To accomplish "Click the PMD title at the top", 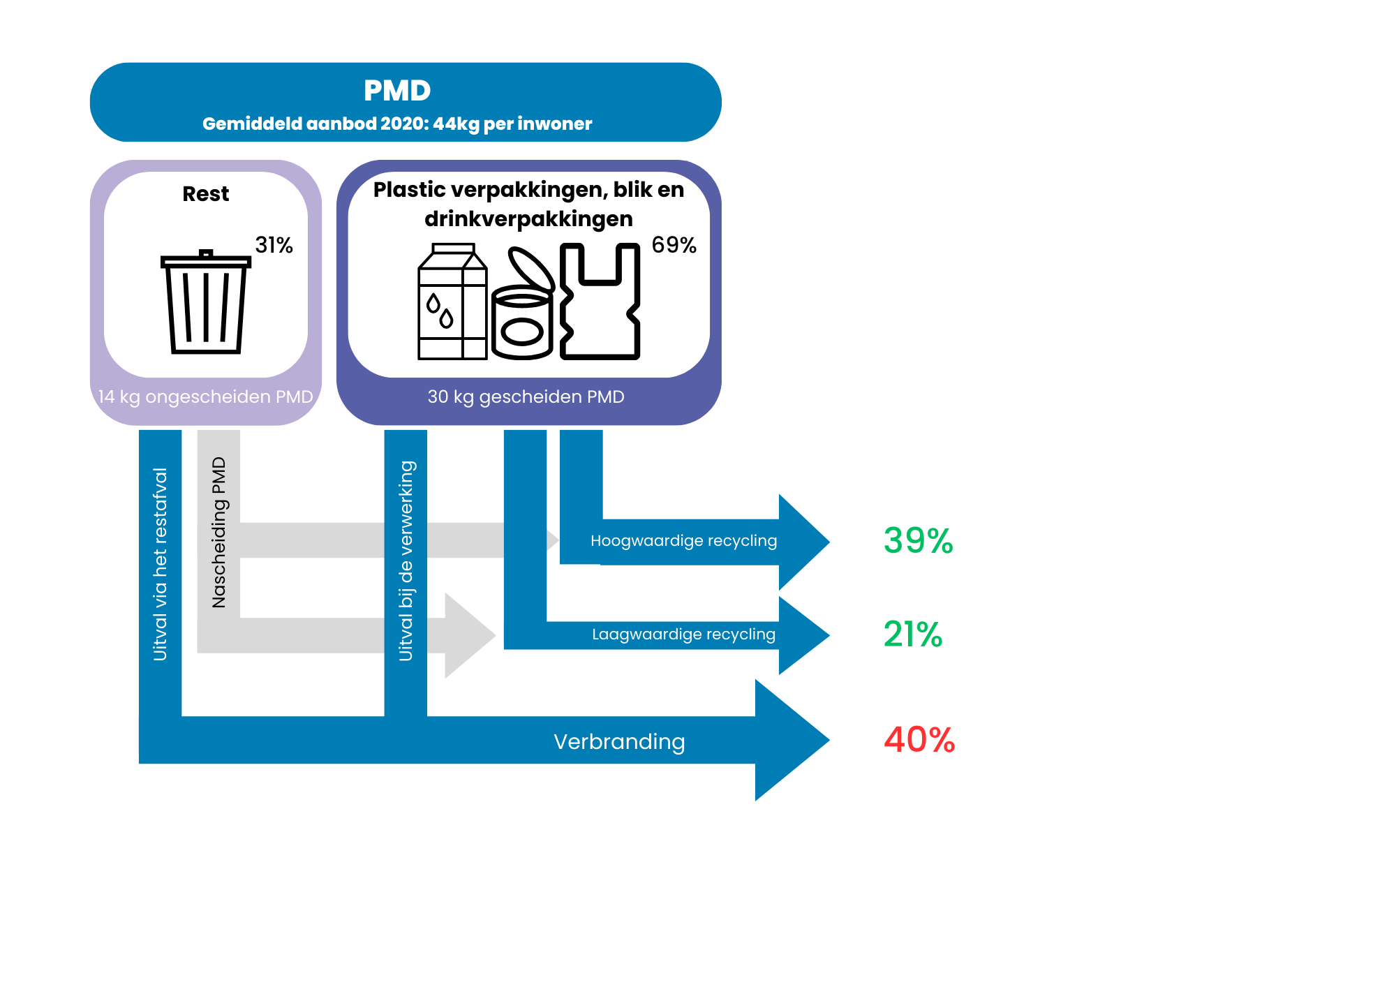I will (397, 91).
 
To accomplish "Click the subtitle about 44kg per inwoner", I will (397, 124).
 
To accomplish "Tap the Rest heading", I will (206, 194).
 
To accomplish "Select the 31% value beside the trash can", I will (274, 245).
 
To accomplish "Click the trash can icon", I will (206, 302).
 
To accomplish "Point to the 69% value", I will (674, 245).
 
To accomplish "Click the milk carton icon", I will (452, 302).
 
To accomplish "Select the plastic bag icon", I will (600, 302).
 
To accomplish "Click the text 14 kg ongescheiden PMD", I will (205, 397).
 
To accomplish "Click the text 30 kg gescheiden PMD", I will (526, 397).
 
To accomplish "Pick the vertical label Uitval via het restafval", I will (161, 564).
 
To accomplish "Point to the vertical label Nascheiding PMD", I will (219, 532).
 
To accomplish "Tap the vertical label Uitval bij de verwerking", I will (406, 561).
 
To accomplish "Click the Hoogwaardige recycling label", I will (683, 541).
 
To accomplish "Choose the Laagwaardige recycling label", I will (683, 634).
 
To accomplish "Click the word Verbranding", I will (619, 741).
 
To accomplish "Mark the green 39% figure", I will (918, 541).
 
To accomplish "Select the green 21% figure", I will (913, 634).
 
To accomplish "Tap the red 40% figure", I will (919, 740).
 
